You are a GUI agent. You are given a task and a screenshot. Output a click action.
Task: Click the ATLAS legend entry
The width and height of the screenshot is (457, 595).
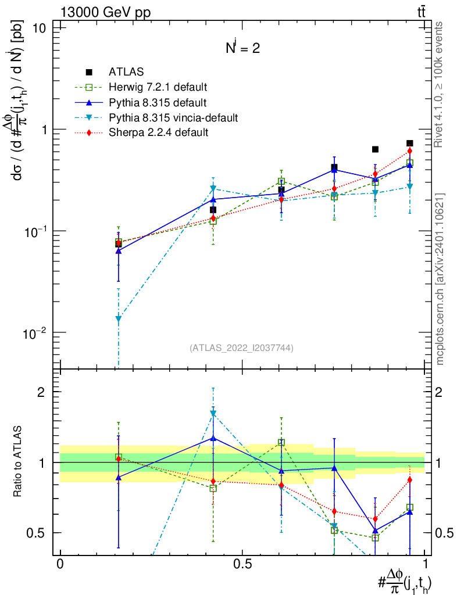pos(126,72)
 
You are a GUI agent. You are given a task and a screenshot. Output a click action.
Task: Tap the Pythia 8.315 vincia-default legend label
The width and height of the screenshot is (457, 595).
pos(173,118)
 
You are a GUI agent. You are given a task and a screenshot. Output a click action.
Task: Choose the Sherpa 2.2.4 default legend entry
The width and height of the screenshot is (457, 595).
pos(158,133)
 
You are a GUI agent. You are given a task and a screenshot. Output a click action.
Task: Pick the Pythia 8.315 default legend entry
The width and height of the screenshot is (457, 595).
pos(158,103)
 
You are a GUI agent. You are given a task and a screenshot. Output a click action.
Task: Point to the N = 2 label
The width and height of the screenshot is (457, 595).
pos(242,49)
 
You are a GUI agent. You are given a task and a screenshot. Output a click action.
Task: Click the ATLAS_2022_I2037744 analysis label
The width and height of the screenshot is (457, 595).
pos(241,348)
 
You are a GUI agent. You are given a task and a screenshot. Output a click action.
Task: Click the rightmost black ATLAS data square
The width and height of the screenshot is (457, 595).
pos(410,143)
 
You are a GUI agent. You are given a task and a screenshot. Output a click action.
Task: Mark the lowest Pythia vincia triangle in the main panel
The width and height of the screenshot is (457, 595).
pos(119,318)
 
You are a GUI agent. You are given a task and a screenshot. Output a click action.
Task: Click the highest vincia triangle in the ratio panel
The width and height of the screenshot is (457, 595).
pos(213,413)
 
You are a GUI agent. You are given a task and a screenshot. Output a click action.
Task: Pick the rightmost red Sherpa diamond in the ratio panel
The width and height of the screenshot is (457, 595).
pos(410,479)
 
